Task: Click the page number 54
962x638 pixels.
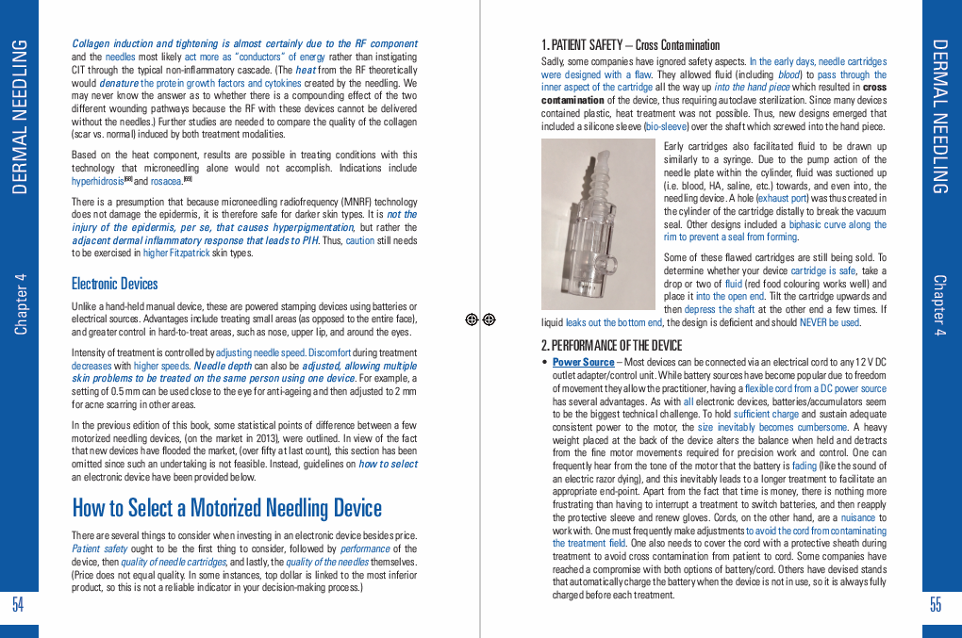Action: pos(18,605)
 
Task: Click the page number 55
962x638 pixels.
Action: pos(936,605)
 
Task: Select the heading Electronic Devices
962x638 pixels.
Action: pos(114,284)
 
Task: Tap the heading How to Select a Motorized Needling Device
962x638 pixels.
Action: pos(226,508)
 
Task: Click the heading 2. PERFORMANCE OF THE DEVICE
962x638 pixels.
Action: pos(611,345)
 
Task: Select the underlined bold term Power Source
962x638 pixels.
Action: pos(583,362)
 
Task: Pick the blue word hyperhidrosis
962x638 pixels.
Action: pos(97,181)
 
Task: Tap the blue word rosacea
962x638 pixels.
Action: pos(166,181)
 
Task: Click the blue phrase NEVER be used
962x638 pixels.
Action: pos(830,322)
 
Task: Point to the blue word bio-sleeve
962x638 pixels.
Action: pos(667,125)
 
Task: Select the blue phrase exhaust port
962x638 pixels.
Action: pos(782,199)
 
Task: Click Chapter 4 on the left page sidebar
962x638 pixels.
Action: pos(21,303)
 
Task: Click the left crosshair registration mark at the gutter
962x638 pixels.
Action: pos(472,319)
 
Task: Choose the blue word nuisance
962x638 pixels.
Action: pos(858,518)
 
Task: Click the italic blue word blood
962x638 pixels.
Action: pos(788,75)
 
